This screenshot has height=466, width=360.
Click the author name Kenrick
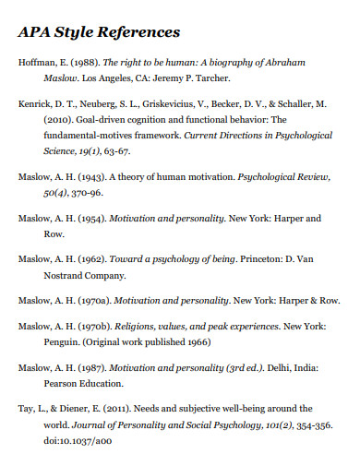[x=34, y=105]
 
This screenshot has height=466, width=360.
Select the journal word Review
[x=309, y=176]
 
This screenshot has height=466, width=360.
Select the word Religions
[x=135, y=327]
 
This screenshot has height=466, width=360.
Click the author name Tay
[x=27, y=408]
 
